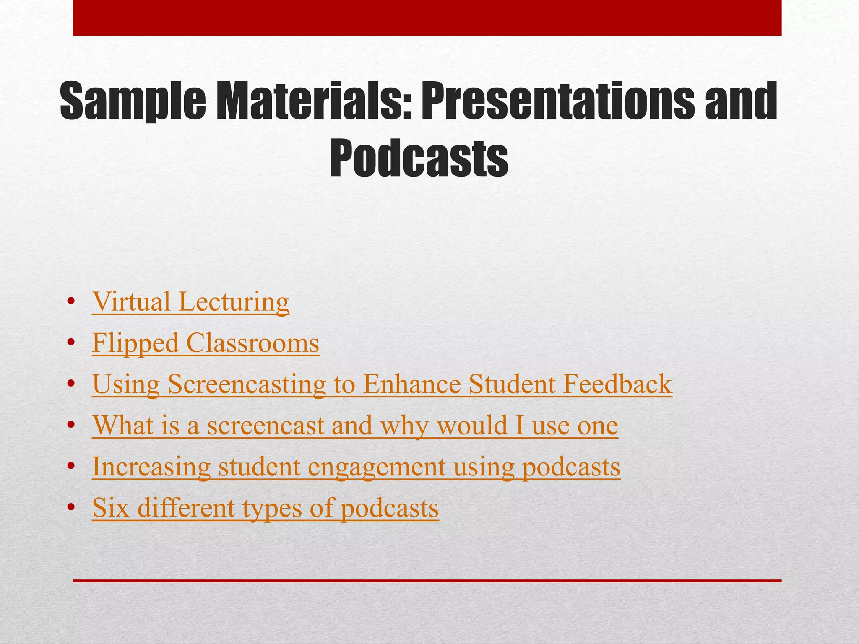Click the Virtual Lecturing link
190,302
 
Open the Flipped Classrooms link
206,343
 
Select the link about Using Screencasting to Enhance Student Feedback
382,384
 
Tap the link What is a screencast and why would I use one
355,425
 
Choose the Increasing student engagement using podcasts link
356,466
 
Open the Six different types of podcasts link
265,507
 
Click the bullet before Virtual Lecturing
71,302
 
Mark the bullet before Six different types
71,508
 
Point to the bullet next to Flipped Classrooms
71,343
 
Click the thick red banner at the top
427,18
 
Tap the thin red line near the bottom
427,581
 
